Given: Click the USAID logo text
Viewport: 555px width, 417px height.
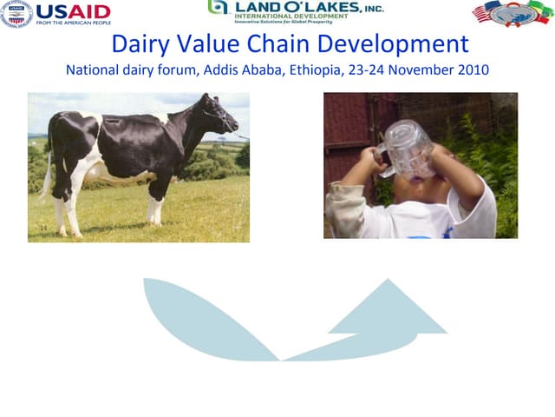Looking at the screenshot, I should point(74,11).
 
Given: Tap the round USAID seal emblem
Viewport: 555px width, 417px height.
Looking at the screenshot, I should point(16,13).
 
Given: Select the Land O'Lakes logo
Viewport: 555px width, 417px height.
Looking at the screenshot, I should point(295,11).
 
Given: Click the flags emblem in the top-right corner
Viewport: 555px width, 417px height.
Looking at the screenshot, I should point(511,13).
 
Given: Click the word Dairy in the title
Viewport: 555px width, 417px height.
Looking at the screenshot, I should point(142,43).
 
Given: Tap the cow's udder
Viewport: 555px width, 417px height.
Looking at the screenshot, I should point(98,174).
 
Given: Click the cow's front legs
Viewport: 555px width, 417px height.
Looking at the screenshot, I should point(153,204).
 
